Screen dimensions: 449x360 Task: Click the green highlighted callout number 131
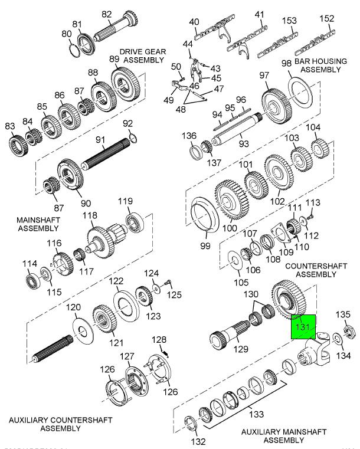(303, 326)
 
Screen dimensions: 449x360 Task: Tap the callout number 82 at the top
(107, 14)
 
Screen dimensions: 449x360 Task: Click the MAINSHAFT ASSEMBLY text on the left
(30, 224)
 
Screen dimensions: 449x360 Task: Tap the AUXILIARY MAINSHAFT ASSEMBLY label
(283, 436)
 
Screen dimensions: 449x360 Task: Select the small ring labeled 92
(133, 137)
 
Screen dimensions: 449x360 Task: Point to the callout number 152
(326, 19)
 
